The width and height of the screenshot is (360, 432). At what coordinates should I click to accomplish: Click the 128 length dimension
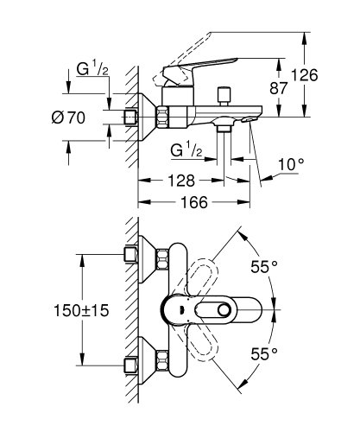pos(180,182)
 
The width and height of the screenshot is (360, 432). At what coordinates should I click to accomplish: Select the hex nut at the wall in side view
pos(132,116)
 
